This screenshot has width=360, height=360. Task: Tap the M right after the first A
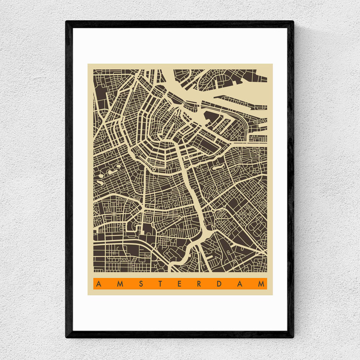coord(119,284)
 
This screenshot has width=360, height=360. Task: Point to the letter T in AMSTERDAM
coord(159,284)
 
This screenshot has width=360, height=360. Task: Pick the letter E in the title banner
coord(179,284)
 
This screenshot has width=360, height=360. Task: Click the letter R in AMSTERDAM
coord(199,284)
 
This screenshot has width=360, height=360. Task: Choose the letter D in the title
coord(220,284)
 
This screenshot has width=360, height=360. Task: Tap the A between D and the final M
coord(240,284)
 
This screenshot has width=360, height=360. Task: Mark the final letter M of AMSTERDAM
coord(261,284)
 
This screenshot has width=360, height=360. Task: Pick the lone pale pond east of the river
coord(216,169)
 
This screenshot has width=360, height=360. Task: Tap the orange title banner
coord(180,284)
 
